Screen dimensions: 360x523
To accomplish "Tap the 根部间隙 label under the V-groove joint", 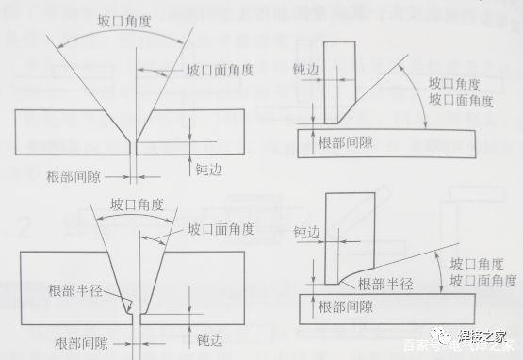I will point(76,175).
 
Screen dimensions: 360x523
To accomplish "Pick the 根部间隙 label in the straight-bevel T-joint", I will point(343,142).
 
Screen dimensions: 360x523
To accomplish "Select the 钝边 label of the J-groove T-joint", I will point(307,231).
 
